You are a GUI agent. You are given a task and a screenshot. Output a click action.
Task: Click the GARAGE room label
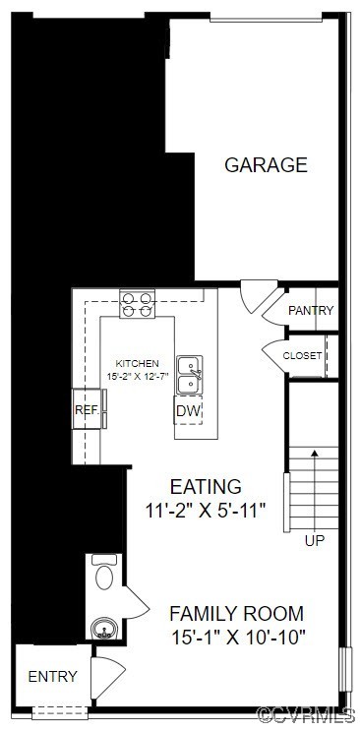[266, 165]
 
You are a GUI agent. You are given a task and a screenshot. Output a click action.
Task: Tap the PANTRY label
[311, 311]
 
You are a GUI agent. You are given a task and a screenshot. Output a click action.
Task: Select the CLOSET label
[302, 355]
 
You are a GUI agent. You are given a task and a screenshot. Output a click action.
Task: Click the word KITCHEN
[137, 363]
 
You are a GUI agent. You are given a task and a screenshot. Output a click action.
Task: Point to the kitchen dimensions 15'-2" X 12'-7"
[138, 376]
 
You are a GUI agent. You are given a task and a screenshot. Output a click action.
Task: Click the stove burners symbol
[138, 305]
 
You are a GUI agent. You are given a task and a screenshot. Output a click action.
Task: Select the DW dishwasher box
[189, 410]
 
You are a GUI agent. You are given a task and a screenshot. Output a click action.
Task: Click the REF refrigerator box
[87, 410]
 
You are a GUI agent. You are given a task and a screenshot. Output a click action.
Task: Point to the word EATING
[206, 487]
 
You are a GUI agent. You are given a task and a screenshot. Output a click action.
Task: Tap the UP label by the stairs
[315, 540]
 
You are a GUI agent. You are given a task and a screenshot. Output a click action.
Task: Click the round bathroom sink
[101, 627]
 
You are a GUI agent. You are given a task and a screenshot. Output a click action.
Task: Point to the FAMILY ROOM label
[236, 613]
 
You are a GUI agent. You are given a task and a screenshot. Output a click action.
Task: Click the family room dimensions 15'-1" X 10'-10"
[236, 637]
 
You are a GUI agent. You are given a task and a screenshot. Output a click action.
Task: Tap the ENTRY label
[52, 676]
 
